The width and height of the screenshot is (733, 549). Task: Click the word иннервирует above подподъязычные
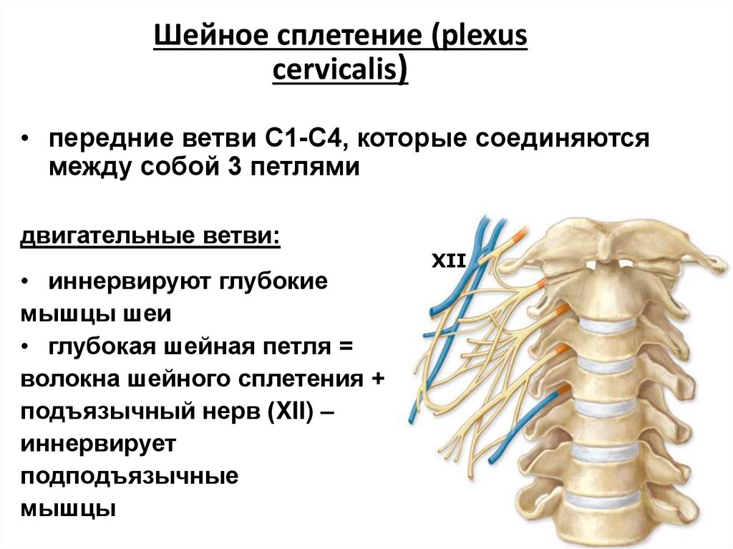pos(98,444)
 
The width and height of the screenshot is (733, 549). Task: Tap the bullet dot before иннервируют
pos(25,281)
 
